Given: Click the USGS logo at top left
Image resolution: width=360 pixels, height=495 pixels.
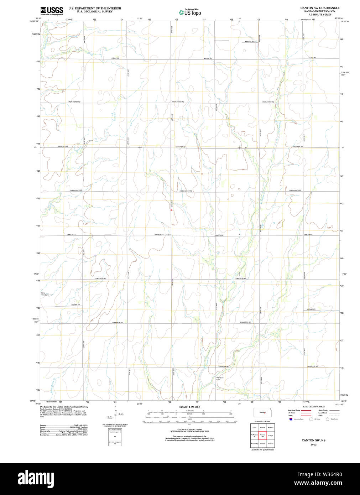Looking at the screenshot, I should click(x=52, y=10).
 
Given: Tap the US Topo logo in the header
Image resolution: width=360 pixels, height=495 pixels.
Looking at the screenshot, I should click(x=190, y=12).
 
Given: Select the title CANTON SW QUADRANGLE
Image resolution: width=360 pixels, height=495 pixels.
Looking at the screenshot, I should click(x=320, y=8).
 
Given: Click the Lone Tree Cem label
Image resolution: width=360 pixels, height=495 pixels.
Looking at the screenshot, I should click(x=45, y=294).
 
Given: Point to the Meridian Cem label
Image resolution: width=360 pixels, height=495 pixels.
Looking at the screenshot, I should click(x=220, y=379).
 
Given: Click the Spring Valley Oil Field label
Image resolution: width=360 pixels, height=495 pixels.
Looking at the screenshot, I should click(x=163, y=234).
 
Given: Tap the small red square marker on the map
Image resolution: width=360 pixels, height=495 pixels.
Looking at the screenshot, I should click(x=171, y=210).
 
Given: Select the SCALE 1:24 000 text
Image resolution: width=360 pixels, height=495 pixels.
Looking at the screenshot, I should click(x=189, y=407).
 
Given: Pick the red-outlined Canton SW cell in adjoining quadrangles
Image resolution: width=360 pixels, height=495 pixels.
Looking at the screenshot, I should click(x=262, y=435).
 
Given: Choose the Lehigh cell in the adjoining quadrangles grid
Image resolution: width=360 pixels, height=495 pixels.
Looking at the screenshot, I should click(x=271, y=435).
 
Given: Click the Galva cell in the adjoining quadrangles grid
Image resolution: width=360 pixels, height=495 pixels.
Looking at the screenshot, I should click(x=254, y=427).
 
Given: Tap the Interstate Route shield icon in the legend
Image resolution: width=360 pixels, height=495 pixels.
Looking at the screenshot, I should click(x=291, y=419).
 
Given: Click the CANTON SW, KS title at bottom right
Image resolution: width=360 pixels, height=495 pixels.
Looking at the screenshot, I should click(x=313, y=441).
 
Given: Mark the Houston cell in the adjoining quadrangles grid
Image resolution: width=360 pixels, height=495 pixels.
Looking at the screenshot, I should click(x=262, y=444).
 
